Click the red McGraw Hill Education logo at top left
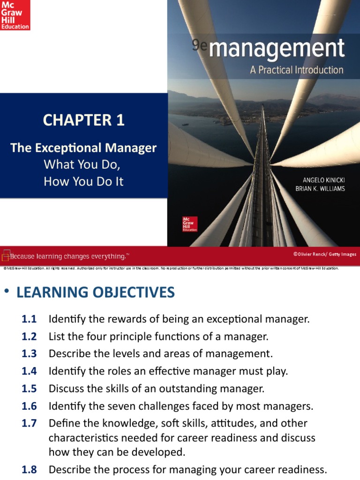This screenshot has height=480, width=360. coord(15,15)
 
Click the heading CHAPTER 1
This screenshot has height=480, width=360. coord(83,120)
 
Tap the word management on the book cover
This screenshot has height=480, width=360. coord(277,49)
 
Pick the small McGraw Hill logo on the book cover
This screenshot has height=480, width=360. coord(189,224)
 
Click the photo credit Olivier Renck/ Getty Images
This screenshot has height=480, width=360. coord(324,254)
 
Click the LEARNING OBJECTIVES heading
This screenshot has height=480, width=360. coord(95,292)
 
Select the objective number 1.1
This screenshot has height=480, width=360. coord(29,319)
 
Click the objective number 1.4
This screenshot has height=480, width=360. coord(29,371)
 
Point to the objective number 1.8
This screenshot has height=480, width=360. coord(29,469)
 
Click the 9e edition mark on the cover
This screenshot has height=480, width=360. coord(197,45)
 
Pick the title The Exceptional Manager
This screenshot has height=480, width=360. coord(83,148)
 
